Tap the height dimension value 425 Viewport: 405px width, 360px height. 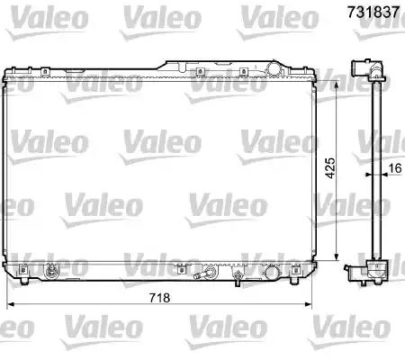coord(331,166)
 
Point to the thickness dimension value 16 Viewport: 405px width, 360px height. coord(395,166)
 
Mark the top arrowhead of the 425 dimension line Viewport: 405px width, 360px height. coord(337,82)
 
